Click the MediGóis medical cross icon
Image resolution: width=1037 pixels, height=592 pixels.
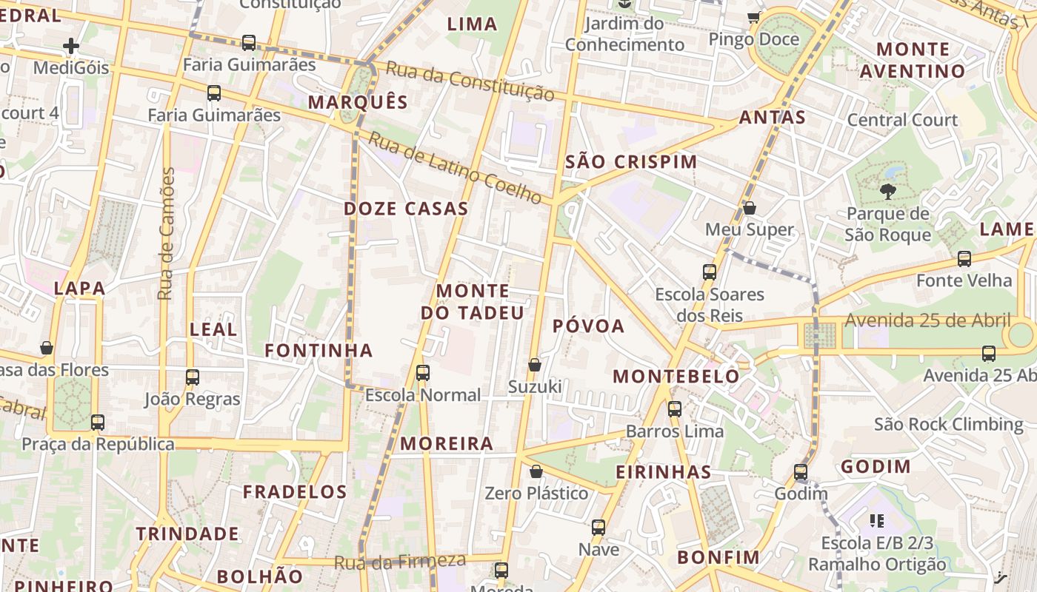point(71,47)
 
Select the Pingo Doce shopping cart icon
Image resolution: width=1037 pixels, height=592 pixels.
point(754,17)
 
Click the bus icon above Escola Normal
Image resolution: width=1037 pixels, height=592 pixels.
point(423,373)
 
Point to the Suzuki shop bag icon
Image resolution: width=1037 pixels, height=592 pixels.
point(535,365)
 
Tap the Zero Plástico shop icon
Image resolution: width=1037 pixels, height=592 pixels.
point(536,471)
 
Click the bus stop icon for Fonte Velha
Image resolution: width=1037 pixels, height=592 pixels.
point(964,259)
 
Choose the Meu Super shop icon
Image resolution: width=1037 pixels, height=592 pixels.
point(750,209)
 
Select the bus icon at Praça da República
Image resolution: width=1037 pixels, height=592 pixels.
point(98,423)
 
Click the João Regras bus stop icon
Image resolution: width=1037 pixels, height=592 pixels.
point(193,377)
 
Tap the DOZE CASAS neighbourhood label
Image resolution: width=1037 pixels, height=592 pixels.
point(406,209)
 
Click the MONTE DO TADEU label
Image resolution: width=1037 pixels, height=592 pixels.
point(473,302)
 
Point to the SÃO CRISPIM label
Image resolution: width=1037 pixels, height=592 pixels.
point(631,162)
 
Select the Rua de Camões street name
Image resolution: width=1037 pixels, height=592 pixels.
point(167,234)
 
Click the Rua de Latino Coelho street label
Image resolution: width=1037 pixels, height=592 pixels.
point(456,168)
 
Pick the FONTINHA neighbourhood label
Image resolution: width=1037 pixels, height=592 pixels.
point(319,350)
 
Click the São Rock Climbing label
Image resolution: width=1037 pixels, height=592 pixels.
point(948,424)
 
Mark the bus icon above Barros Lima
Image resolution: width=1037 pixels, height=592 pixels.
point(675,408)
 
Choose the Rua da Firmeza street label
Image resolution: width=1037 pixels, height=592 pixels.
point(400,562)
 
